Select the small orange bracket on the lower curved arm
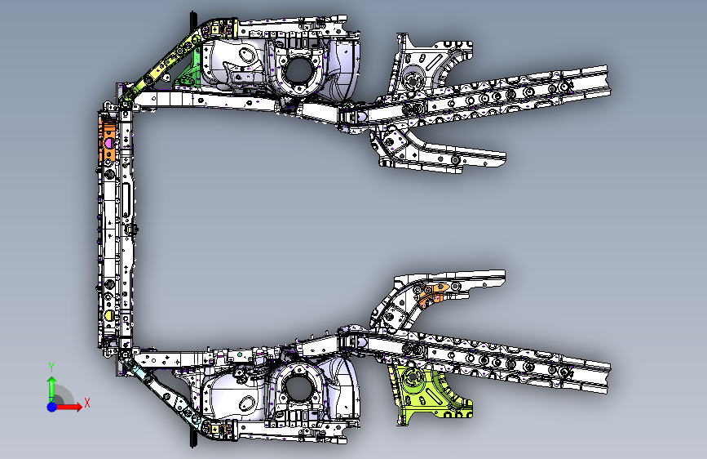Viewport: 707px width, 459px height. click(436, 292)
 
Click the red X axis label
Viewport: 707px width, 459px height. click(86, 402)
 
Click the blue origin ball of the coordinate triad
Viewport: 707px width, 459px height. click(51, 405)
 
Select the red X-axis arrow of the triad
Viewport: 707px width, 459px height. click(72, 406)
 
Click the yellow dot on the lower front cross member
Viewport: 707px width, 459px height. click(109, 314)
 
